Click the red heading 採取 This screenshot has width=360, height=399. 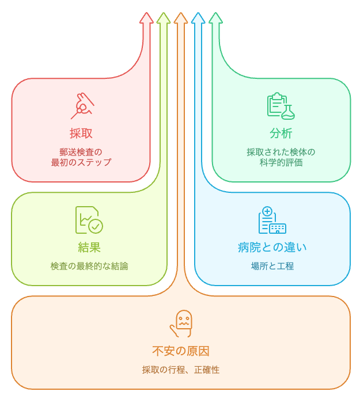[x=81, y=133]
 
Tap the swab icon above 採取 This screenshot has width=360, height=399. [x=82, y=106]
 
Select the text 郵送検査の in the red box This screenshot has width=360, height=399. [x=81, y=152]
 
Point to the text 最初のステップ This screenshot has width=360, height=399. [x=81, y=162]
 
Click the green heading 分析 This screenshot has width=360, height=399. [x=281, y=133]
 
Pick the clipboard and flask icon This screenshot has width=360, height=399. [x=281, y=106]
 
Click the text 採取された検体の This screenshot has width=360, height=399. [x=281, y=152]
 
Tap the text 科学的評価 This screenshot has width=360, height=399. [x=281, y=162]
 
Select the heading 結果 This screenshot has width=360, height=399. [x=89, y=247]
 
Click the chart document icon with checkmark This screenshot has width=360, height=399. [x=89, y=220]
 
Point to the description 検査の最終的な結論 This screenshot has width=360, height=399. [x=89, y=266]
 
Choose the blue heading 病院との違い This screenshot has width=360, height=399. [x=272, y=247]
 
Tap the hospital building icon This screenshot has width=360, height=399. [x=272, y=220]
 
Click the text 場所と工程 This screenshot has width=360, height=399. [x=272, y=266]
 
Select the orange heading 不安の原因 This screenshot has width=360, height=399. [x=181, y=351]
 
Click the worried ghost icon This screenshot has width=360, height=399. [x=181, y=323]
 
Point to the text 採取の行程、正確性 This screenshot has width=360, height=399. [x=181, y=370]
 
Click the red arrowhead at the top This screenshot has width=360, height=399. [x=146, y=18]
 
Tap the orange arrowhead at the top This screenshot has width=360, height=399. [x=181, y=18]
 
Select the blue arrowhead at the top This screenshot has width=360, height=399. [x=198, y=18]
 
